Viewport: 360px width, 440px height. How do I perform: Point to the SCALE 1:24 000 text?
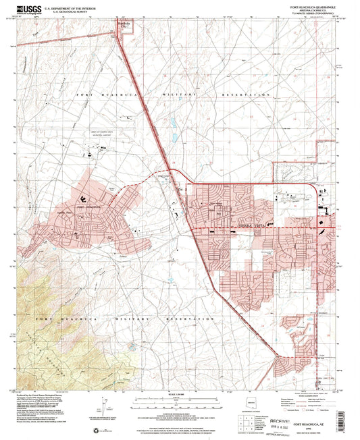pyautogui.click(x=179, y=393)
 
